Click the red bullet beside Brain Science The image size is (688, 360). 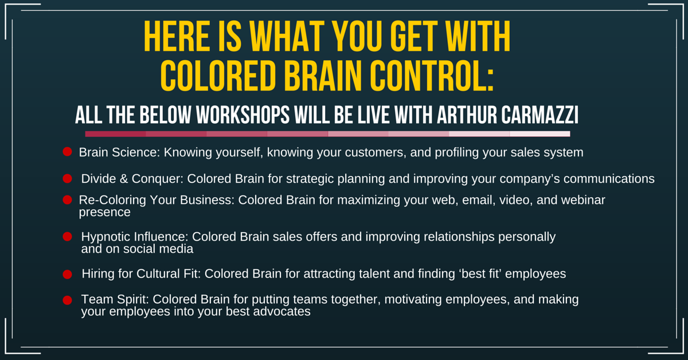coord(67,152)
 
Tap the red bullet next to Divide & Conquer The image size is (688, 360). coord(67,178)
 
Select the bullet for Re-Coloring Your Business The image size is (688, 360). coord(67,200)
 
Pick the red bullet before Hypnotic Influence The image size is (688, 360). coord(67,237)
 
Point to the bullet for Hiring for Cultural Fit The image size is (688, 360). coord(67,274)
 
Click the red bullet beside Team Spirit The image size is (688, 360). coord(67,300)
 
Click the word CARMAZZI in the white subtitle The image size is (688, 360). coord(540,115)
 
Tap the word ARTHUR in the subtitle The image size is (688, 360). coord(467,115)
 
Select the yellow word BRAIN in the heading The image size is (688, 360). coord(322,76)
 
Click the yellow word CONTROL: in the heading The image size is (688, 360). coord(432,76)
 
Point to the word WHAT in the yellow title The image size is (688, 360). coord(287,36)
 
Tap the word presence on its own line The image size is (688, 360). coord(105,213)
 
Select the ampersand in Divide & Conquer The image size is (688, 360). coord(124,179)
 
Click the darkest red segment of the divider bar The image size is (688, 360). coord(115,134)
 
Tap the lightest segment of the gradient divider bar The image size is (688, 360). coord(540,134)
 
